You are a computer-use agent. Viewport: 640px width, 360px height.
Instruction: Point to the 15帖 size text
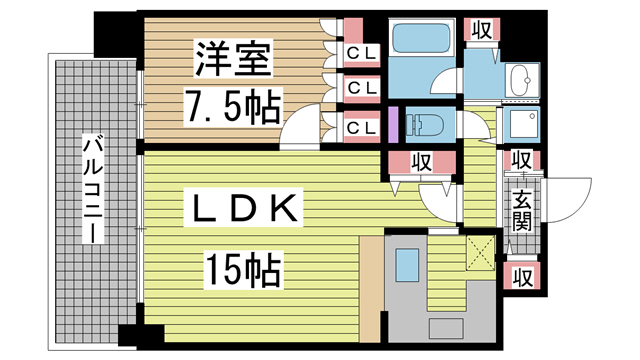244,267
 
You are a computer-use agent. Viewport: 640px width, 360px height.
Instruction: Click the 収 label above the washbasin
481,30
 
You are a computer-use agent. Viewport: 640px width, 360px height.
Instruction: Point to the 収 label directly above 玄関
522,160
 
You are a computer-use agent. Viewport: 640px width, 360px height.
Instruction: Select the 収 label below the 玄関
522,275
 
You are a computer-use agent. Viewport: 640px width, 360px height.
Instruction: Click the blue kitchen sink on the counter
407,265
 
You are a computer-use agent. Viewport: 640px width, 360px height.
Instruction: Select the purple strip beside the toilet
394,124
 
